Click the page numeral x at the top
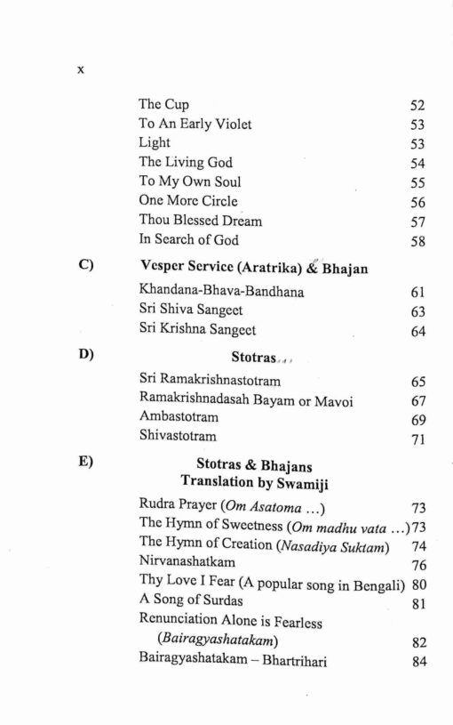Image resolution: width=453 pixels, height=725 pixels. click(x=80, y=69)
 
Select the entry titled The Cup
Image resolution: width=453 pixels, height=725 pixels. click(x=163, y=104)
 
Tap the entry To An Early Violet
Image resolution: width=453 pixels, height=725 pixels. click(x=195, y=124)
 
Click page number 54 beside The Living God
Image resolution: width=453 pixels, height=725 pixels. click(x=417, y=163)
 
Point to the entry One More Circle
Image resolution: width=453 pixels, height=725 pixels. click(x=187, y=201)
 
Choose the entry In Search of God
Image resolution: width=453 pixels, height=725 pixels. click(x=188, y=239)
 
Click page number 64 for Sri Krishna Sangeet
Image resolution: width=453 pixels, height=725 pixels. click(x=417, y=332)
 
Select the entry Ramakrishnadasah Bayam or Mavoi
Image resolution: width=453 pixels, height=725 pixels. click(x=245, y=401)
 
